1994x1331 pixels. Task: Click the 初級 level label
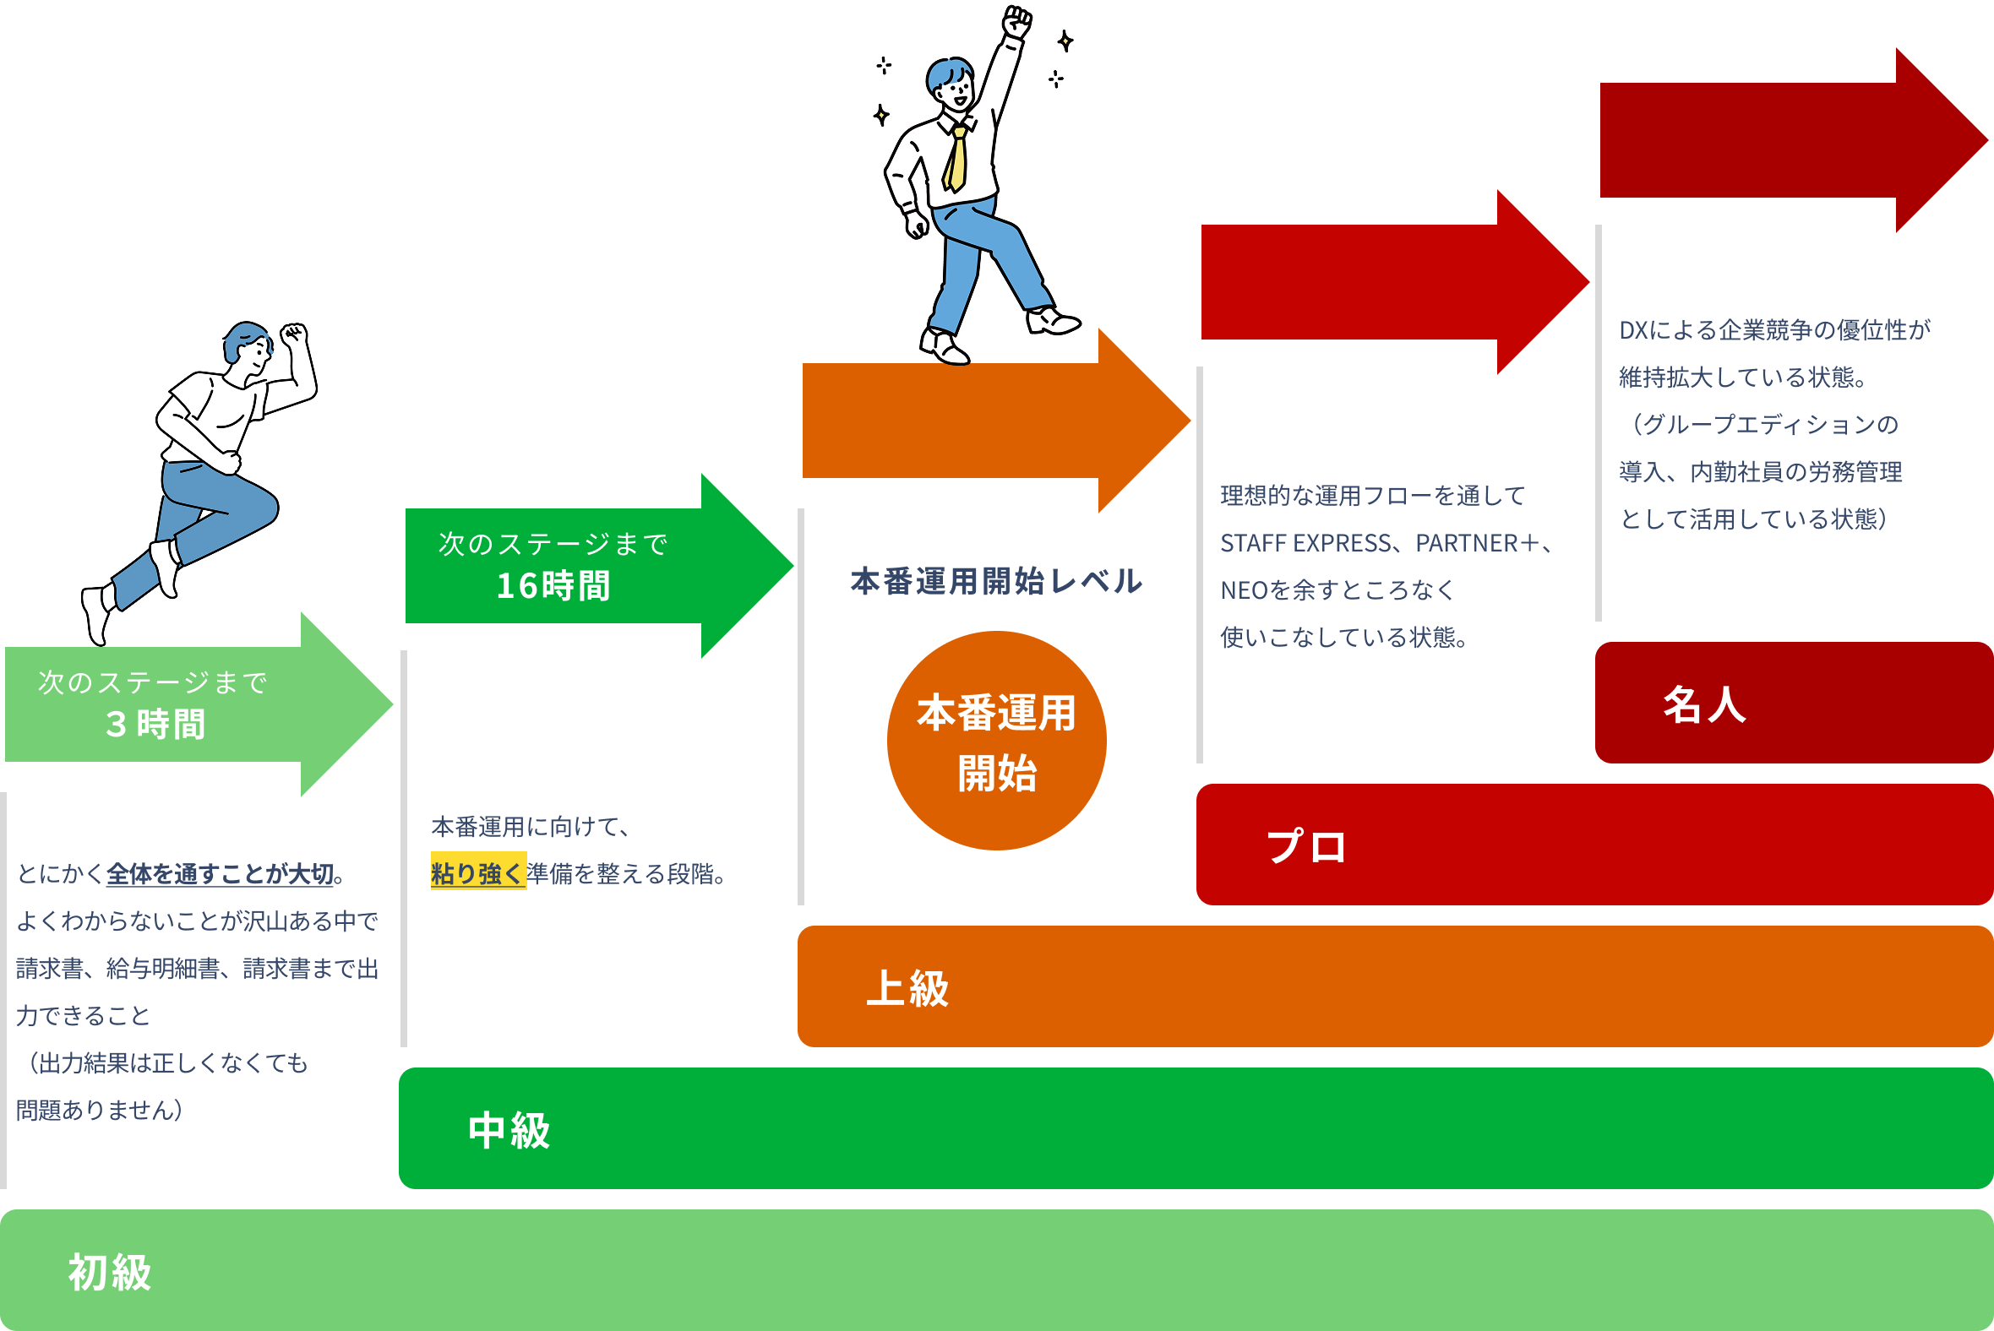110,1273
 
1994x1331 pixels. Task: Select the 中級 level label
509,1131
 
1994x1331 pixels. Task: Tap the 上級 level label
907,988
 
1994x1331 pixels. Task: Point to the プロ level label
1306,846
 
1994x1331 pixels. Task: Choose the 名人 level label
1703,704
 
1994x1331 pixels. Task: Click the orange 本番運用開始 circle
996,740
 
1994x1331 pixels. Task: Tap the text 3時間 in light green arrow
155,724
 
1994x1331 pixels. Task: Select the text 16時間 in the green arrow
553,586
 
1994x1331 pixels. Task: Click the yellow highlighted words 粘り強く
477,873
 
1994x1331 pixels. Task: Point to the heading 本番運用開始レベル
995,581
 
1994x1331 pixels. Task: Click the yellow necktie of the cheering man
956,160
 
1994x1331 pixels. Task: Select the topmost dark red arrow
1784,141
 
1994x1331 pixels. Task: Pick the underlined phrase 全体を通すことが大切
220,873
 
